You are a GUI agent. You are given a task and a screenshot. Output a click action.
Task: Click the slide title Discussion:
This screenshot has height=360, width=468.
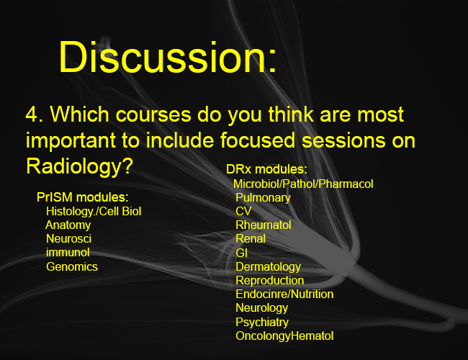pyautogui.click(x=168, y=57)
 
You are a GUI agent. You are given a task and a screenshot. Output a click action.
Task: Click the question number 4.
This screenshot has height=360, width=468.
pyautogui.click(x=35, y=114)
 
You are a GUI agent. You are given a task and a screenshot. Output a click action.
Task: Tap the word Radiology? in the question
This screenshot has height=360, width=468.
pyautogui.click(x=79, y=166)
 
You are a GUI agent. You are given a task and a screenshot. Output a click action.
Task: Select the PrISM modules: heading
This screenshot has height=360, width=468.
pyautogui.click(x=82, y=197)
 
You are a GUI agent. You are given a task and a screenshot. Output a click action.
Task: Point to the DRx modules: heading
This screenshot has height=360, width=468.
pyautogui.click(x=266, y=169)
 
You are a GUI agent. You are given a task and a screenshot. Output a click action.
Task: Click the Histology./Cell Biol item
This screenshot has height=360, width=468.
pyautogui.click(x=94, y=212)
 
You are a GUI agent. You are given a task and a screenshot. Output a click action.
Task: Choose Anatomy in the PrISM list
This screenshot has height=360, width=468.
pyautogui.click(x=68, y=225)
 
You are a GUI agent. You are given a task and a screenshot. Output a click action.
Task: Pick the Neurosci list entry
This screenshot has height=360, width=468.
pyautogui.click(x=68, y=239)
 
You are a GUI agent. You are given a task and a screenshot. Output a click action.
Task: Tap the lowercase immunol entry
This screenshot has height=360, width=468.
pyautogui.click(x=68, y=253)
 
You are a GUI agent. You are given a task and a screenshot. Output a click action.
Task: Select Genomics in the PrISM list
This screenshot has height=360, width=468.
pyautogui.click(x=72, y=266)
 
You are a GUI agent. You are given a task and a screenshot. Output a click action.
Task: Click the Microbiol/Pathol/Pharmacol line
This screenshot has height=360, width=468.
pyautogui.click(x=303, y=184)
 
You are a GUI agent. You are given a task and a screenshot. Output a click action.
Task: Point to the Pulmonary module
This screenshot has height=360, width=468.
pyautogui.click(x=263, y=197)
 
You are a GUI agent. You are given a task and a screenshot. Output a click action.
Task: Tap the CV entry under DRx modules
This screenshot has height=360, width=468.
pyautogui.click(x=243, y=212)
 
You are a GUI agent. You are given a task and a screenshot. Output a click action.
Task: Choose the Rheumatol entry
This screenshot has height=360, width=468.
pyautogui.click(x=264, y=225)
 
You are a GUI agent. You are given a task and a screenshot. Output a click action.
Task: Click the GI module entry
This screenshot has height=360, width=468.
pyautogui.click(x=241, y=253)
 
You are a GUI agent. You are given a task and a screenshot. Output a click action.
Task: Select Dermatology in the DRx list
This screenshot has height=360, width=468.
pyautogui.click(x=269, y=267)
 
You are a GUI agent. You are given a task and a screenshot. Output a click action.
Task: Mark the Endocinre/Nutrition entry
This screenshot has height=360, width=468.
pyautogui.click(x=284, y=294)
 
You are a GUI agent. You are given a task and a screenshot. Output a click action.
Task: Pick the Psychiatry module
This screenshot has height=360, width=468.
pyautogui.click(x=262, y=322)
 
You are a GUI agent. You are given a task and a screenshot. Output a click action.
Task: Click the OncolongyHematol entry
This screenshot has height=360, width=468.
pyautogui.click(x=284, y=336)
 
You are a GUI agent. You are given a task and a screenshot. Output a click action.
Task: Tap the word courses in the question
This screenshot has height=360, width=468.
pyautogui.click(x=153, y=114)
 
